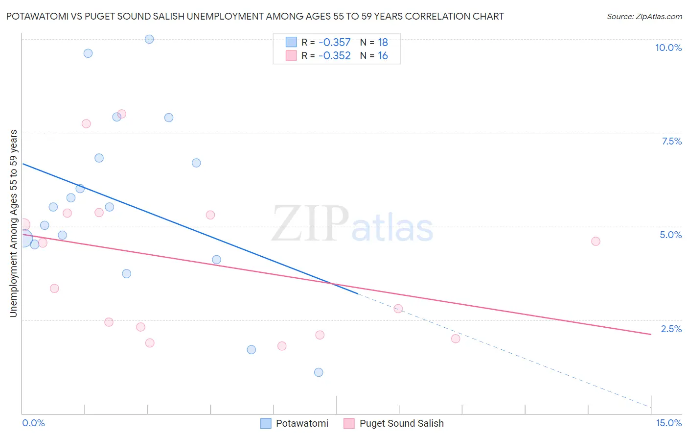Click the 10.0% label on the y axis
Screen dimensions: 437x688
[668, 48]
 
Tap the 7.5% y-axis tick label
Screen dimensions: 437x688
[671, 141]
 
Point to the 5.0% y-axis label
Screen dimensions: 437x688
[670, 235]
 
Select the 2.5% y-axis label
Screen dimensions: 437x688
[671, 329]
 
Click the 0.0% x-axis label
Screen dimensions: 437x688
[33, 423]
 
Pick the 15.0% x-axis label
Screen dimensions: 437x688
[668, 423]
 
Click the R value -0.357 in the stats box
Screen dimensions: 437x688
[334, 43]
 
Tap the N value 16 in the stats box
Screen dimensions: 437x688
[383, 56]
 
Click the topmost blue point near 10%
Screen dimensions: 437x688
[149, 39]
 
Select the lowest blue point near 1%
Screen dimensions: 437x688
[319, 372]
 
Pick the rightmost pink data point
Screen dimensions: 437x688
[596, 241]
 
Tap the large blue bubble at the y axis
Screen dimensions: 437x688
[23, 239]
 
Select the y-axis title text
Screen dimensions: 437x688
[13, 223]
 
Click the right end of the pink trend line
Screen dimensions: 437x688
[651, 334]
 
